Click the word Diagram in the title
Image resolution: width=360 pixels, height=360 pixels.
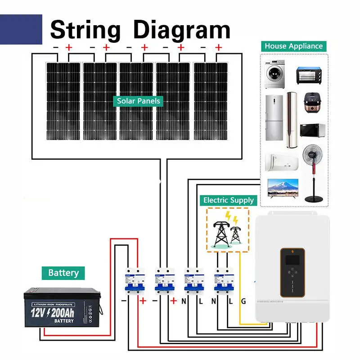click(x=182, y=30)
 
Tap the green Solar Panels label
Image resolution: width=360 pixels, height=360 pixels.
click(x=139, y=101)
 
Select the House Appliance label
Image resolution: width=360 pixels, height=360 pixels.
click(x=293, y=46)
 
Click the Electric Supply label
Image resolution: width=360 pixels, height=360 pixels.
click(x=229, y=200)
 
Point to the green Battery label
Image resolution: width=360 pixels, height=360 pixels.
click(x=63, y=273)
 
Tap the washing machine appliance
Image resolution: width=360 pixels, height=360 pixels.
click(x=274, y=75)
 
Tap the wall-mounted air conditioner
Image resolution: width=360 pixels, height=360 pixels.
click(x=282, y=161)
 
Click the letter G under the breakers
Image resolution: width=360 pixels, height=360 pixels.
click(x=243, y=301)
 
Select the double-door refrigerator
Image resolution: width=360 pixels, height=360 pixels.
click(x=274, y=118)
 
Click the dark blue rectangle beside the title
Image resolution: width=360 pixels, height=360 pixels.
click(x=21, y=29)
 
